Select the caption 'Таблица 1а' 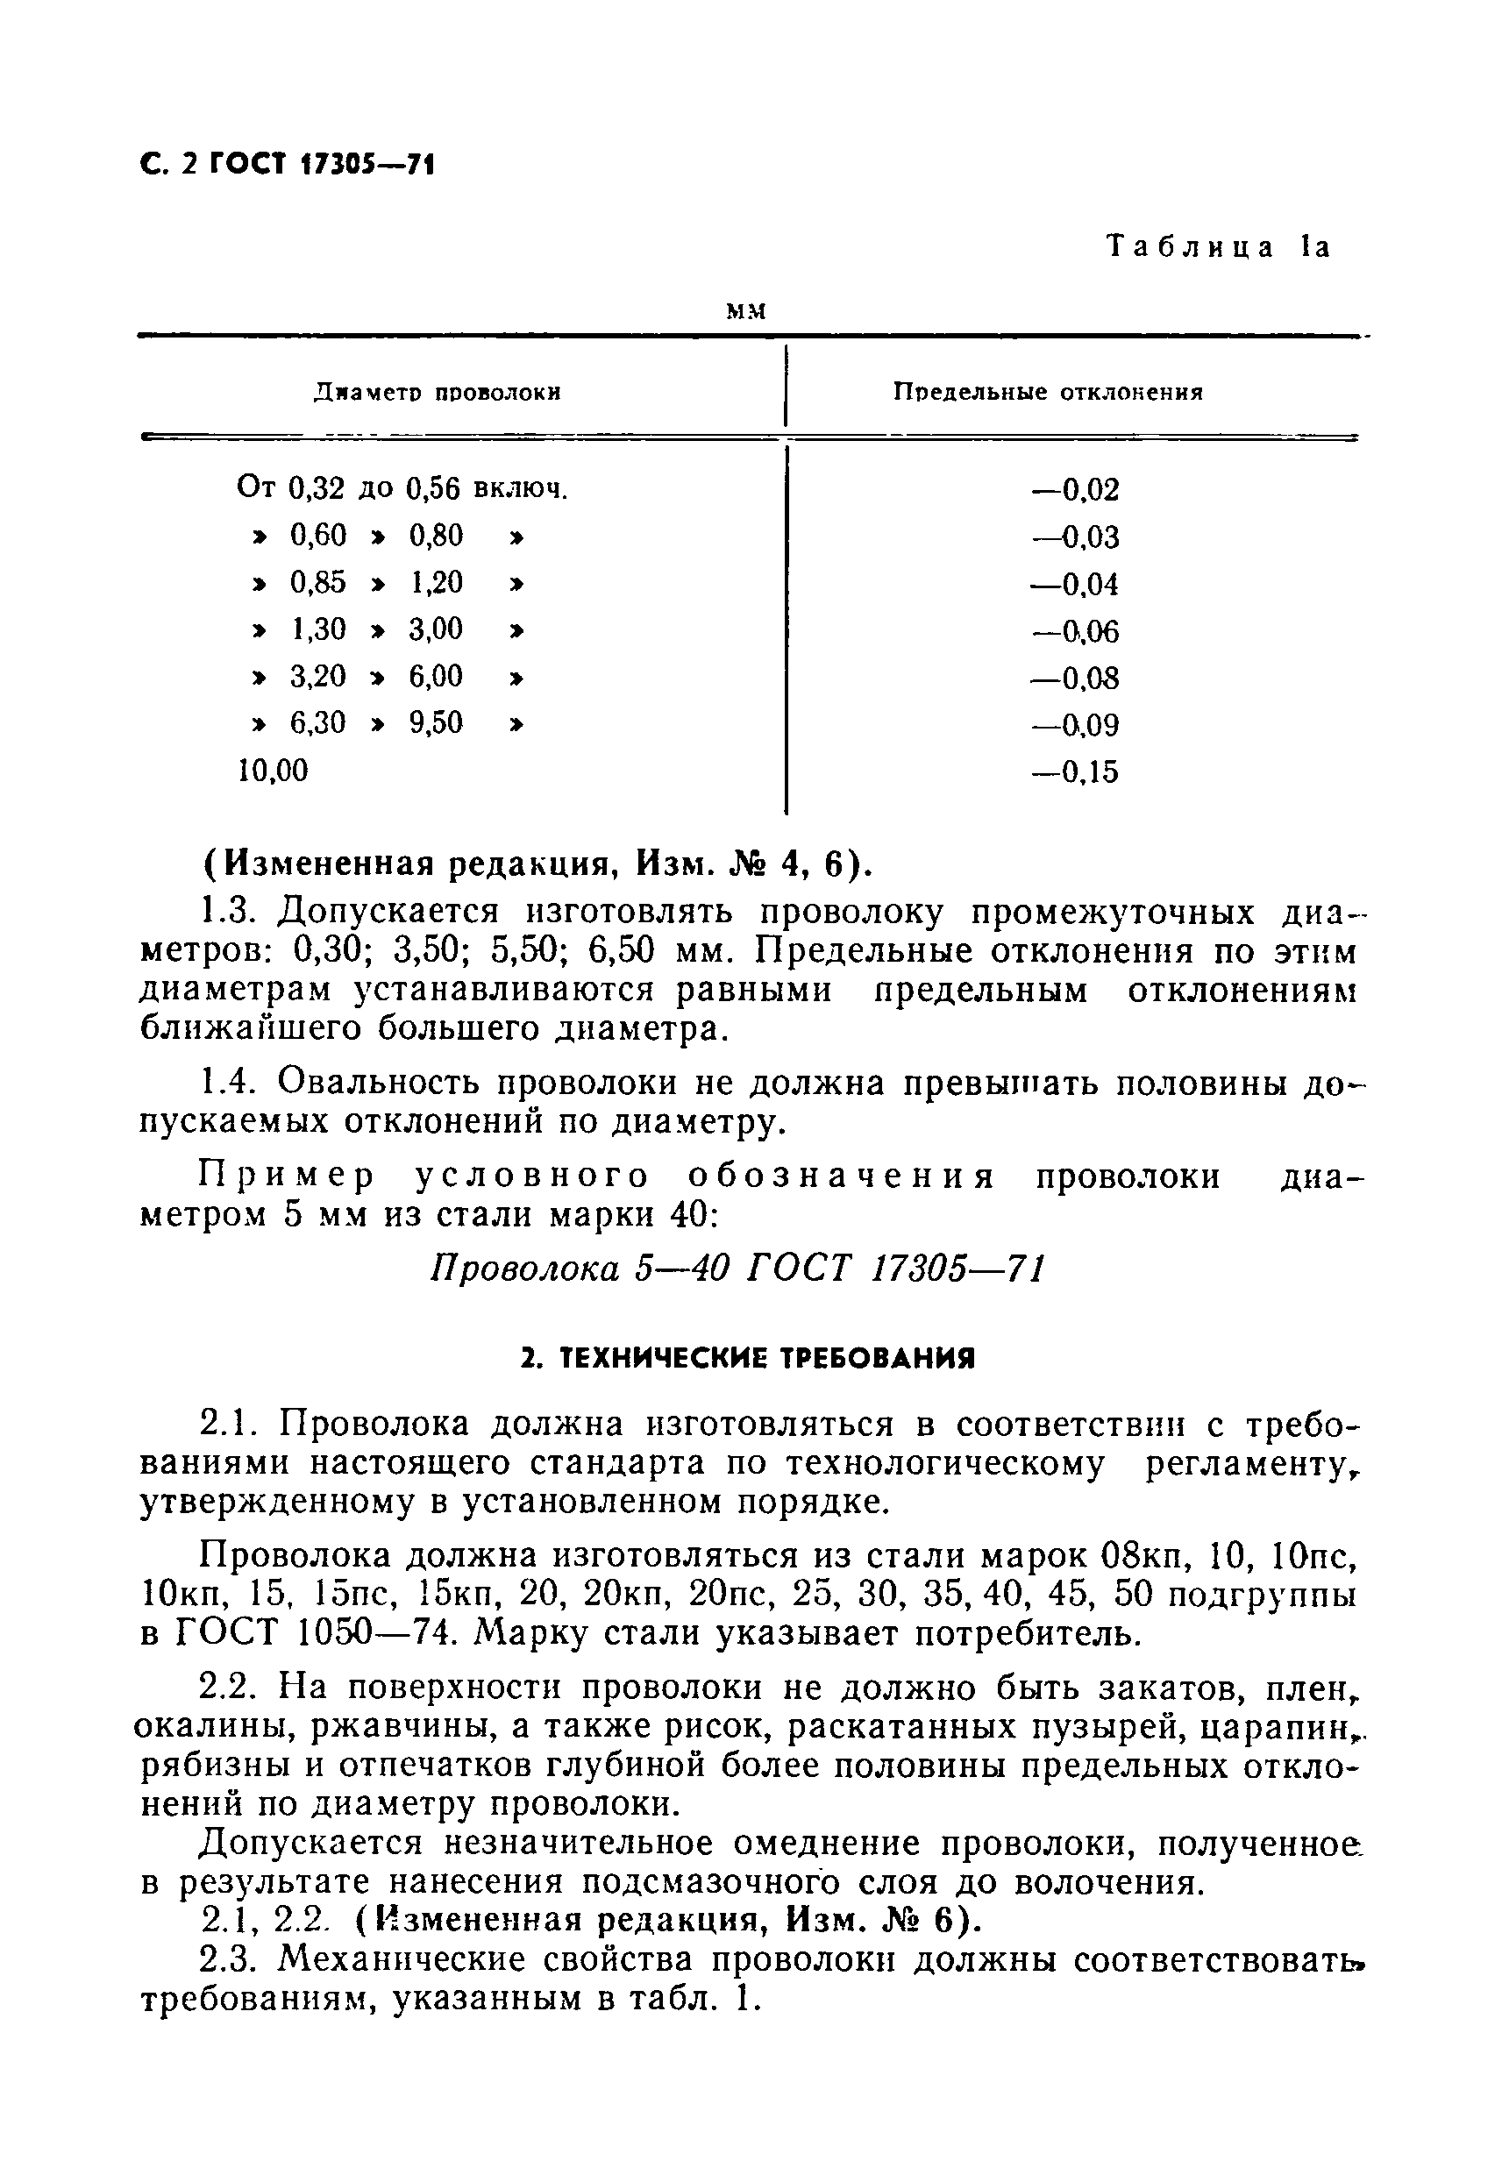click(x=1219, y=247)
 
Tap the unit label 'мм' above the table click(x=747, y=311)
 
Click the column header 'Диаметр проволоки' click(x=437, y=392)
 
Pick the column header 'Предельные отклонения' click(x=1048, y=392)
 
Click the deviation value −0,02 click(x=1075, y=490)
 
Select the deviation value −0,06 click(x=1075, y=631)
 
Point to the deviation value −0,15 click(x=1075, y=772)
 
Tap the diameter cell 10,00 click(x=272, y=771)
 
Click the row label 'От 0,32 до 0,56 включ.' click(x=402, y=488)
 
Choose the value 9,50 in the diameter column click(x=436, y=723)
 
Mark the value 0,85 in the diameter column click(x=318, y=583)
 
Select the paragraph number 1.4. click(x=229, y=1084)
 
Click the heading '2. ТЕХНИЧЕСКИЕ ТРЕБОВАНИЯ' click(x=748, y=1360)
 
